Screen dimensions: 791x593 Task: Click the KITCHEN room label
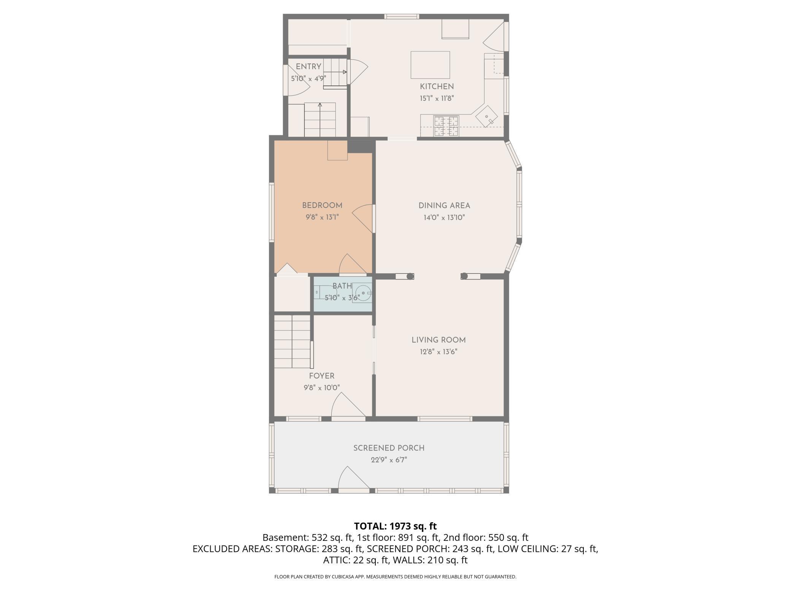437,87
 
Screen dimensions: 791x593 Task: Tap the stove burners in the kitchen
446,126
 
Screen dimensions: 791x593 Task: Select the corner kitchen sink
487,117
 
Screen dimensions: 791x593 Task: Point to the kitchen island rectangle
430,65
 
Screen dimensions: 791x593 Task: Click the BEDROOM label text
322,206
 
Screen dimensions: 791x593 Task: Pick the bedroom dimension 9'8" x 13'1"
322,217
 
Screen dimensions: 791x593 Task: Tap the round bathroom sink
362,293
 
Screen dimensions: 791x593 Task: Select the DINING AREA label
444,206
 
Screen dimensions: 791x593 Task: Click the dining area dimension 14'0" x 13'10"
444,218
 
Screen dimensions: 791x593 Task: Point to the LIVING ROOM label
438,340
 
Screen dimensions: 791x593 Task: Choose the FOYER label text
322,376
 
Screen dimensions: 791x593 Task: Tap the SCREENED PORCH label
389,448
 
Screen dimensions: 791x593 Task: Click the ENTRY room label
308,67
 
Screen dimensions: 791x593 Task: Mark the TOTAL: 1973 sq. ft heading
395,526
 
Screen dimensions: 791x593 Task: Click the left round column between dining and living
410,276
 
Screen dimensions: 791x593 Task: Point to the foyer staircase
292,341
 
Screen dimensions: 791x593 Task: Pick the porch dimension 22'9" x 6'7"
389,460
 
